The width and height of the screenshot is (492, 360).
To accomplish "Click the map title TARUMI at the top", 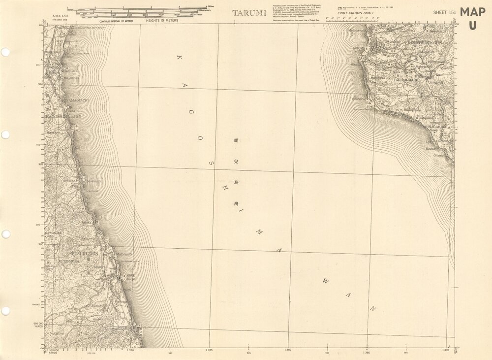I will coord(249,13).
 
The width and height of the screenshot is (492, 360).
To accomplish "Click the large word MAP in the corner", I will coord(473,12).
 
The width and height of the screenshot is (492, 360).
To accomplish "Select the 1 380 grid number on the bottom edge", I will coord(289,350).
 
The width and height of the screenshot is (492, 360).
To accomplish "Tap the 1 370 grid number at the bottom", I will coord(130,350).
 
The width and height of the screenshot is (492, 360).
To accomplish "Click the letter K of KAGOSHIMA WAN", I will coord(178,58).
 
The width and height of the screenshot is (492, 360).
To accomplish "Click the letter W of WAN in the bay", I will coord(326,281).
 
